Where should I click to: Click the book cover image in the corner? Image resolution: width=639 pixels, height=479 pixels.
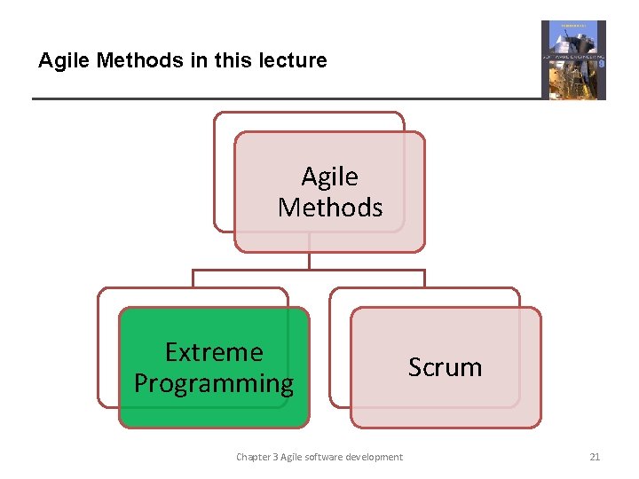(x=573, y=59)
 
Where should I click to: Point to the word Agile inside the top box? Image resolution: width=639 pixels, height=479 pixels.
(x=329, y=177)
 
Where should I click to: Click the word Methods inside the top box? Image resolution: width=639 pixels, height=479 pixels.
(x=329, y=208)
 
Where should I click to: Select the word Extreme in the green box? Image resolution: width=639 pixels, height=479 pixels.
(x=214, y=352)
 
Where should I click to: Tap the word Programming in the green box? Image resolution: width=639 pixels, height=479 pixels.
(x=214, y=383)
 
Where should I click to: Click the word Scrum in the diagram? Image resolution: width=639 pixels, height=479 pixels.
(x=445, y=367)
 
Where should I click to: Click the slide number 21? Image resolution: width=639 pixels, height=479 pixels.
(x=595, y=457)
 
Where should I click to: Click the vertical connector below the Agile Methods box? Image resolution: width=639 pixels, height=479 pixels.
(x=309, y=261)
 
